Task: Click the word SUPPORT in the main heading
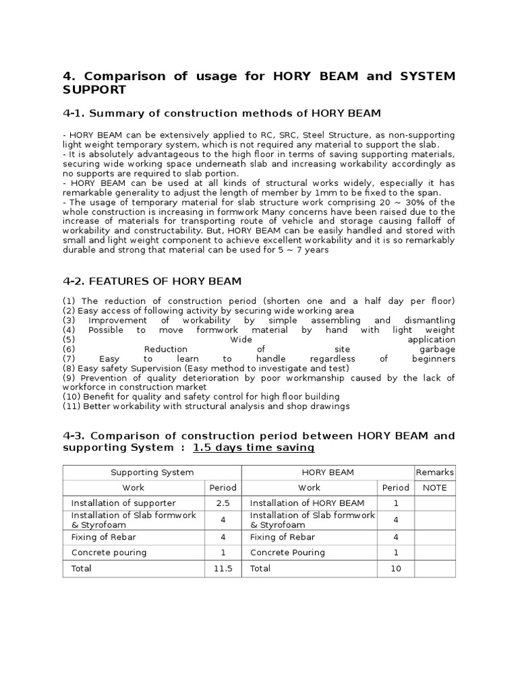click(94, 90)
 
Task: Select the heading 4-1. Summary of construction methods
click(222, 113)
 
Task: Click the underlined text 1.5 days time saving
click(253, 448)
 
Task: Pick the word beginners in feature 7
click(433, 359)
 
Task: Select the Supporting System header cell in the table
click(152, 472)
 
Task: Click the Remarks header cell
click(434, 472)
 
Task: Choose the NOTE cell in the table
click(434, 487)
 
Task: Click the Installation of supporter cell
click(123, 503)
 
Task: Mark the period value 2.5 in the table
click(223, 503)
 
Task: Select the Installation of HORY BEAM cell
click(307, 503)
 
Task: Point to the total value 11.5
click(223, 569)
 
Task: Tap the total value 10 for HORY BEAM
click(395, 569)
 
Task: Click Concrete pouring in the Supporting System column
click(110, 553)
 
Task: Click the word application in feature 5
click(431, 340)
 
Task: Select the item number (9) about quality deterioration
click(69, 378)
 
